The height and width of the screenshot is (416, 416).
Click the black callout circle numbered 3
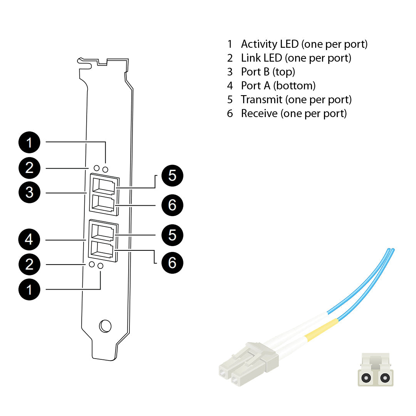29,192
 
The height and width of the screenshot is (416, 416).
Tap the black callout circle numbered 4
29,240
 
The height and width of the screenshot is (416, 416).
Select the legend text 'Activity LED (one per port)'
304,44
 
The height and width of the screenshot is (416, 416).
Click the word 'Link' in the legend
251,58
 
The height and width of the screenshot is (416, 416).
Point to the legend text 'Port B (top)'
268,72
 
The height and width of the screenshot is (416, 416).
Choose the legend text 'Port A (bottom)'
278,86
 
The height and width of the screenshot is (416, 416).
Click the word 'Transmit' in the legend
262,100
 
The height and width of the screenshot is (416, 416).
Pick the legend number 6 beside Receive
230,114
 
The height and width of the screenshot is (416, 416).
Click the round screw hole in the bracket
105,326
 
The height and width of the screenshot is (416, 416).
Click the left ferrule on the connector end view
366,378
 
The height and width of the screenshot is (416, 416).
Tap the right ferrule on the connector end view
384,378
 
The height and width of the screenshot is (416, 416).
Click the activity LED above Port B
105,169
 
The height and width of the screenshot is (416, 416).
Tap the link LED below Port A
92,265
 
